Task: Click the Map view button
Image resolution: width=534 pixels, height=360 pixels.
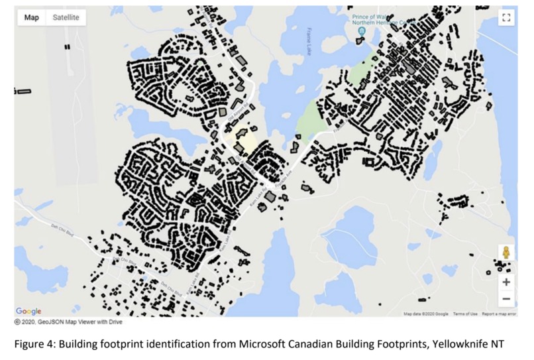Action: point(32,18)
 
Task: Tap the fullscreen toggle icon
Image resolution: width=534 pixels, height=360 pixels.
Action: point(506,18)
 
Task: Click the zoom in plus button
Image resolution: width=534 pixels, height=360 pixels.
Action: point(506,282)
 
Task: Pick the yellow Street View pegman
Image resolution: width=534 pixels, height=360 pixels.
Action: point(506,253)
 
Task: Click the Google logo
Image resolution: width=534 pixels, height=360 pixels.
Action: point(28,311)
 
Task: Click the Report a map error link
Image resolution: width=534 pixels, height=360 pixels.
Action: point(498,314)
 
